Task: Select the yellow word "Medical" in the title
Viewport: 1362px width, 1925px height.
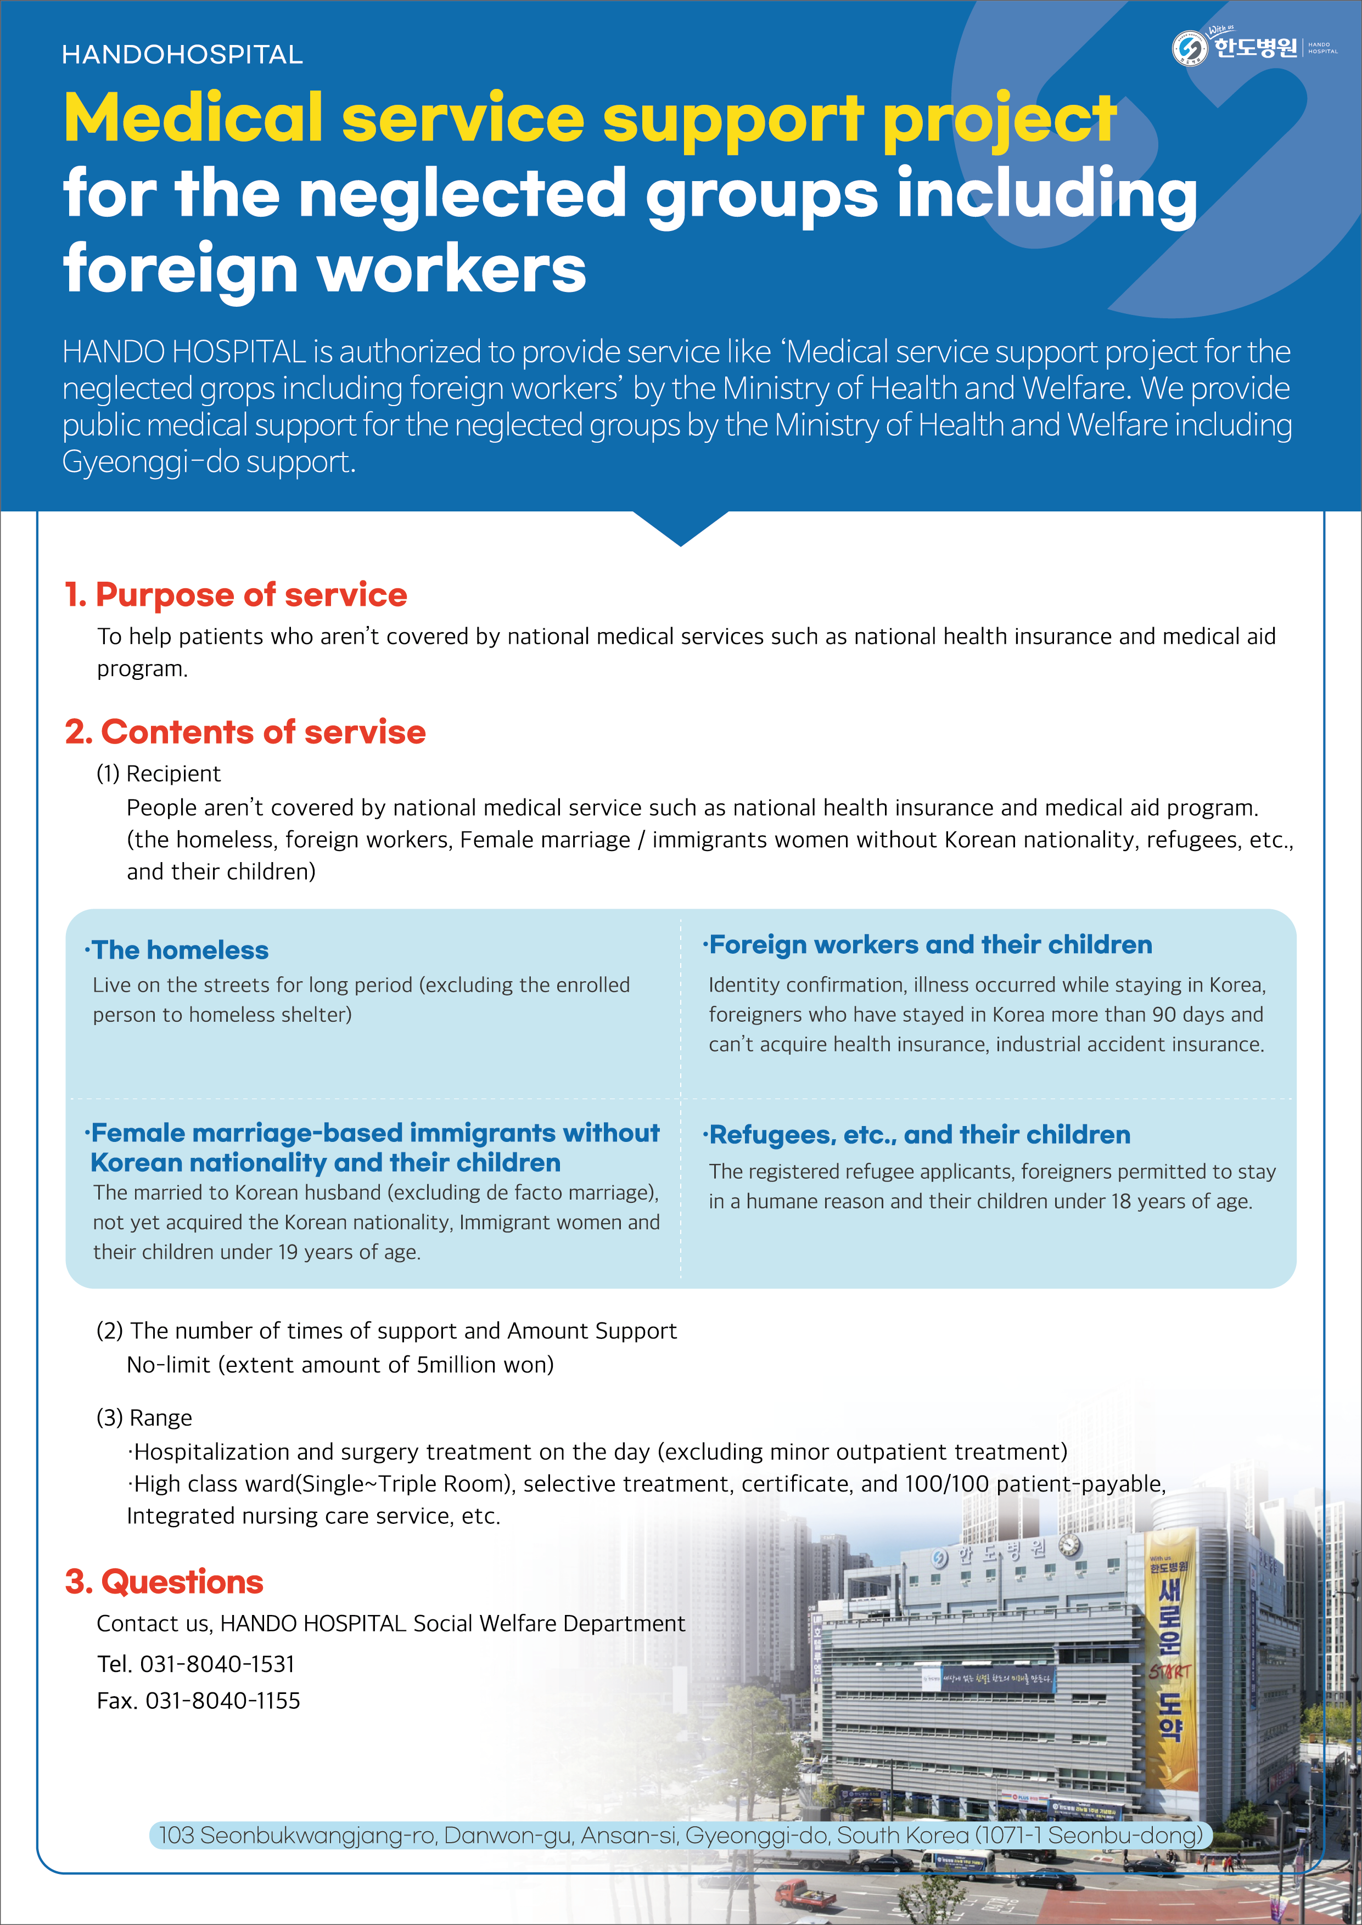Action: point(193,117)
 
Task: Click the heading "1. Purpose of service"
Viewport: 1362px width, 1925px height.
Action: point(236,594)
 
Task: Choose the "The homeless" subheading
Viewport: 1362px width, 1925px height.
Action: point(180,950)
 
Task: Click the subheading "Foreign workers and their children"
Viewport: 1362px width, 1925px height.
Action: point(930,945)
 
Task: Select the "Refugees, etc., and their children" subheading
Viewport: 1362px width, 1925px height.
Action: point(919,1134)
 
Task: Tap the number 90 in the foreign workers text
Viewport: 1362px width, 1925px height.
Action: point(1163,1015)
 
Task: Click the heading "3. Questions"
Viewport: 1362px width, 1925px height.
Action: point(164,1582)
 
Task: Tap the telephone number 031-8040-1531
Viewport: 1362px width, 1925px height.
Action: point(217,1664)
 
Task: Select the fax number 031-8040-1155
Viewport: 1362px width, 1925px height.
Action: point(222,1701)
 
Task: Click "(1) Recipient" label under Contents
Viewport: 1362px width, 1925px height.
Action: point(159,773)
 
